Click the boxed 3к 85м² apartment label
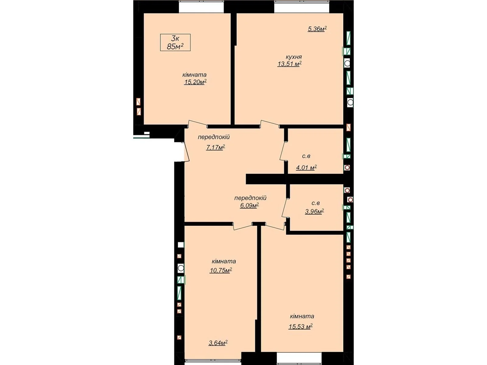tap(175, 43)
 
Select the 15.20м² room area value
tap(195, 82)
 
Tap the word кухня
tap(294, 57)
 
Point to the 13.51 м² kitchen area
tap(289, 64)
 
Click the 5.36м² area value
tap(317, 29)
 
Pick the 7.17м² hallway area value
tap(215, 148)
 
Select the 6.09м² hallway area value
tap(249, 206)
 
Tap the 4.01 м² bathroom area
tap(306, 168)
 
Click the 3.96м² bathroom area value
tap(314, 212)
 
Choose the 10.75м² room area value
tap(221, 270)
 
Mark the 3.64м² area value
tap(218, 343)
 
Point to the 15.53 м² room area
tap(300, 327)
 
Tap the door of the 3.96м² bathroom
tap(284, 207)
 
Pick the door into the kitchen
tap(270, 124)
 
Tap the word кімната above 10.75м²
tap(224, 261)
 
